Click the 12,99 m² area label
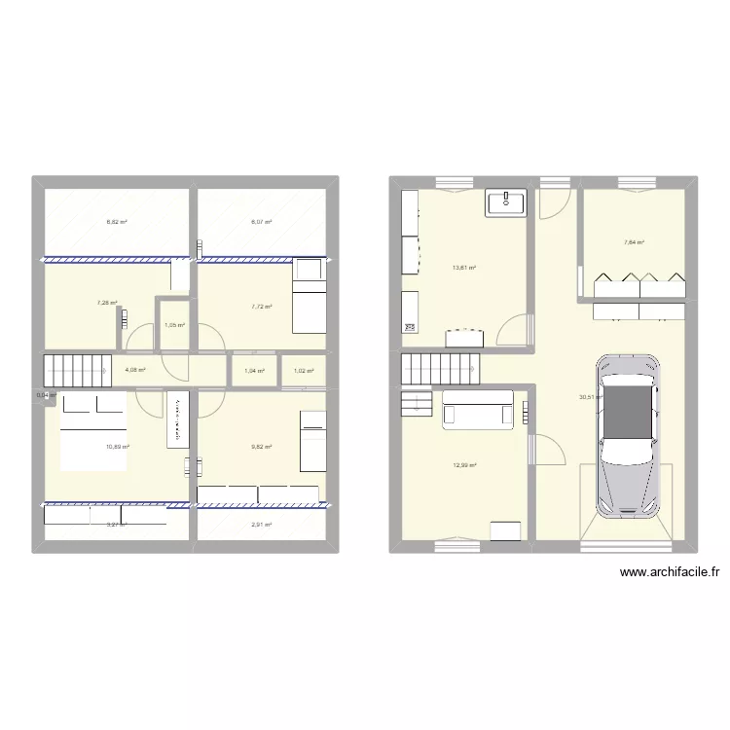click(464, 465)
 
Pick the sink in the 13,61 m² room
click(505, 202)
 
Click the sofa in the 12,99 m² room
click(477, 410)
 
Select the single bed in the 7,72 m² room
click(310, 295)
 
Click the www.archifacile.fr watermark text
click(670, 573)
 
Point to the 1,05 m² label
click(174, 325)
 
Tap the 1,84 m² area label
click(255, 371)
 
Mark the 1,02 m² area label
click(304, 371)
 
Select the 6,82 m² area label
click(117, 222)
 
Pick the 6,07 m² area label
click(261, 222)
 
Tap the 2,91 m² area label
click(261, 525)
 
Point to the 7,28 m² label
click(106, 303)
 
